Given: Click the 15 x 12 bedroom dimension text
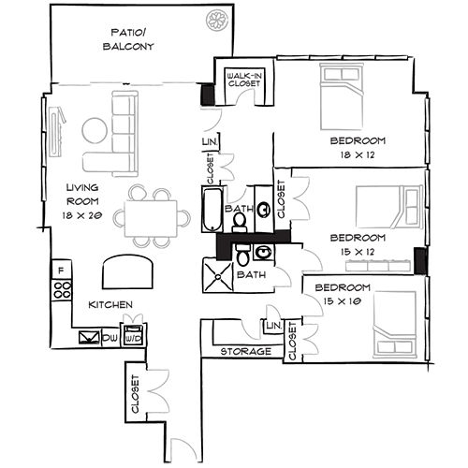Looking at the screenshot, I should pyautogui.click(x=357, y=251).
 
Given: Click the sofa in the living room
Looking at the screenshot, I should pyautogui.click(x=124, y=133).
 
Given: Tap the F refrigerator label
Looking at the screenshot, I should pyautogui.click(x=61, y=271).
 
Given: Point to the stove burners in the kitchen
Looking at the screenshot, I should pyautogui.click(x=64, y=290).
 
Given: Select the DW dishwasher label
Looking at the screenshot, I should pyautogui.click(x=110, y=337).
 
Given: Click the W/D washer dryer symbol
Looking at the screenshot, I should pyautogui.click(x=134, y=336).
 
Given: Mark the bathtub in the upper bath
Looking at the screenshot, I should pyautogui.click(x=211, y=210).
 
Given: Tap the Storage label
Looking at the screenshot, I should pyautogui.click(x=246, y=351).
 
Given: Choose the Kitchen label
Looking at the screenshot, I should pyautogui.click(x=110, y=305).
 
